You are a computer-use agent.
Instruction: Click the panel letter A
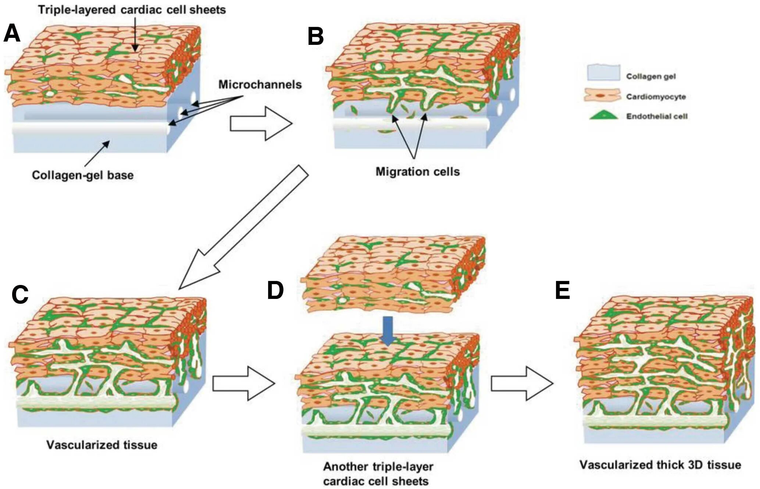12,33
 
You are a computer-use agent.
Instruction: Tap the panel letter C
20,294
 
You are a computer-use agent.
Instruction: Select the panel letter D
275,290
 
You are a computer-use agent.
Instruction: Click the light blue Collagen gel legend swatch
603,73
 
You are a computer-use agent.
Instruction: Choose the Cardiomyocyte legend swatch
602,95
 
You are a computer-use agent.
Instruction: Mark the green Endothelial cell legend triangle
603,115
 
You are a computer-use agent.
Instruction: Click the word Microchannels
260,85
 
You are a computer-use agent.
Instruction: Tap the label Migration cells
417,172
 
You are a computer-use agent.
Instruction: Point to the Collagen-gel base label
83,175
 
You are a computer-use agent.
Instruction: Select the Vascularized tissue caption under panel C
102,445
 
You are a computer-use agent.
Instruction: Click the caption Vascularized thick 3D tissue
660,465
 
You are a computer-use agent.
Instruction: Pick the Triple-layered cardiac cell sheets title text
132,10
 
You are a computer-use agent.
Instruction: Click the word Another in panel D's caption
346,467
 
